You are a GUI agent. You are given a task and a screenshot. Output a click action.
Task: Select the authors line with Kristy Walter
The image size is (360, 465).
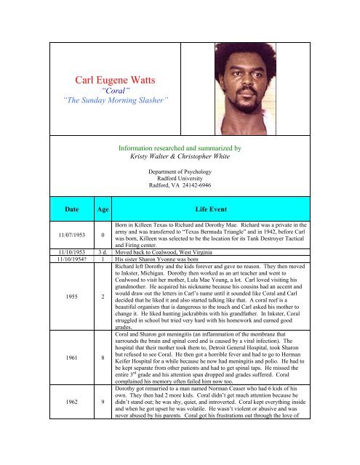(x=179, y=155)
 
